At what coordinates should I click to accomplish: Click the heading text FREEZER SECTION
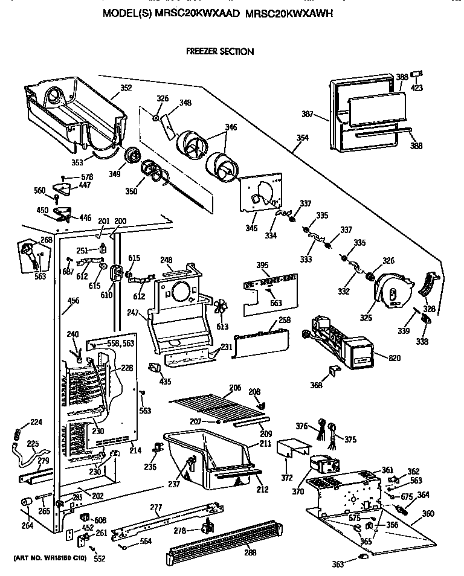click(x=219, y=52)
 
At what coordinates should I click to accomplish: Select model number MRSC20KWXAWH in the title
click(x=291, y=13)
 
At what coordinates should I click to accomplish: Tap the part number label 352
click(x=126, y=87)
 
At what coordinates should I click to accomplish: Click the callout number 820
click(x=395, y=358)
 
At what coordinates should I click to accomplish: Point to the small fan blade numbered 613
click(x=222, y=309)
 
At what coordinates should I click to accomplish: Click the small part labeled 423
click(x=416, y=74)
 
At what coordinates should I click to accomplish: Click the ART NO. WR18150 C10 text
click(x=47, y=558)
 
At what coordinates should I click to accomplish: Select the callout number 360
click(x=428, y=513)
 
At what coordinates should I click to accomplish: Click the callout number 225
click(x=32, y=444)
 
